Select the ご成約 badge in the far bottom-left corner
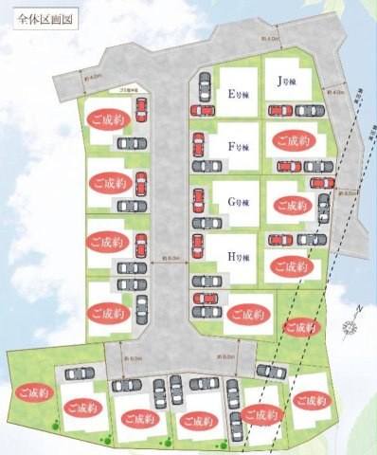click(x=27, y=391)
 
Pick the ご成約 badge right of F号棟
click(x=292, y=141)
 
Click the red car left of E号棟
click(x=205, y=91)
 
